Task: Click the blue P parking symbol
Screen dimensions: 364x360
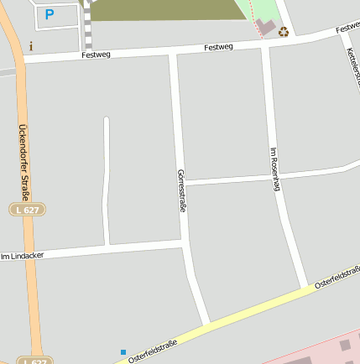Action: [49, 14]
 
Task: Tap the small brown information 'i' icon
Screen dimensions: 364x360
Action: [31, 46]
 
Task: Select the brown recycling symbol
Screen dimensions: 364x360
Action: [284, 33]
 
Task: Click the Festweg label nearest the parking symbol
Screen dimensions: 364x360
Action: [97, 55]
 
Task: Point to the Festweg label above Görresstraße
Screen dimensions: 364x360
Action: [218, 48]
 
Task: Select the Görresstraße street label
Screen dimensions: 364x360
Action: [180, 190]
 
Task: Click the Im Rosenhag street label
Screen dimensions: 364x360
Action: [274, 169]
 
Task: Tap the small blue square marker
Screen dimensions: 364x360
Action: [123, 352]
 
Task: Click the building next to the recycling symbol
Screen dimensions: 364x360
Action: [266, 28]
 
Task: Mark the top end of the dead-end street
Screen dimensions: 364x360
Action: [107, 120]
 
